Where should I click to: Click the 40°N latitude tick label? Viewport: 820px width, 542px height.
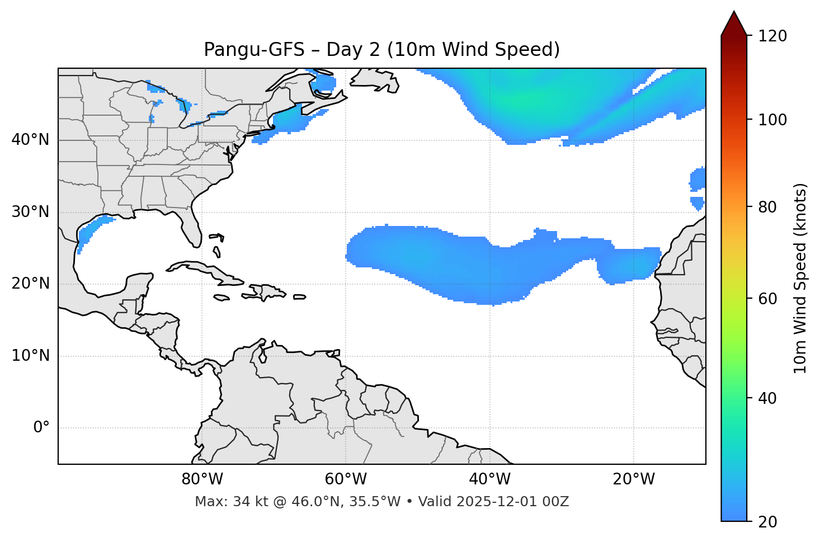point(30,140)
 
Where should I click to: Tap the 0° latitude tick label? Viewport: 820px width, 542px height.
point(41,428)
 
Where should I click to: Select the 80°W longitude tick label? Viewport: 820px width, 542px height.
point(201,479)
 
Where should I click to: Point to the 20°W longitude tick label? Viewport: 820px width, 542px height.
point(633,479)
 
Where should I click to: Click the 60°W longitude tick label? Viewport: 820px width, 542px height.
point(345,479)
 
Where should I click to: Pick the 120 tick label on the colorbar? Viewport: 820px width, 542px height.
point(772,36)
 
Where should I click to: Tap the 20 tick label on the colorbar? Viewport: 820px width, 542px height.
point(768,522)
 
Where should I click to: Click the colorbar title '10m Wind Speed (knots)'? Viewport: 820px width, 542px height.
point(800,278)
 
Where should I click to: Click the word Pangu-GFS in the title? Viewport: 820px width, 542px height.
point(254,50)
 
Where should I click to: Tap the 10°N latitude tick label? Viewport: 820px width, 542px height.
point(30,356)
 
